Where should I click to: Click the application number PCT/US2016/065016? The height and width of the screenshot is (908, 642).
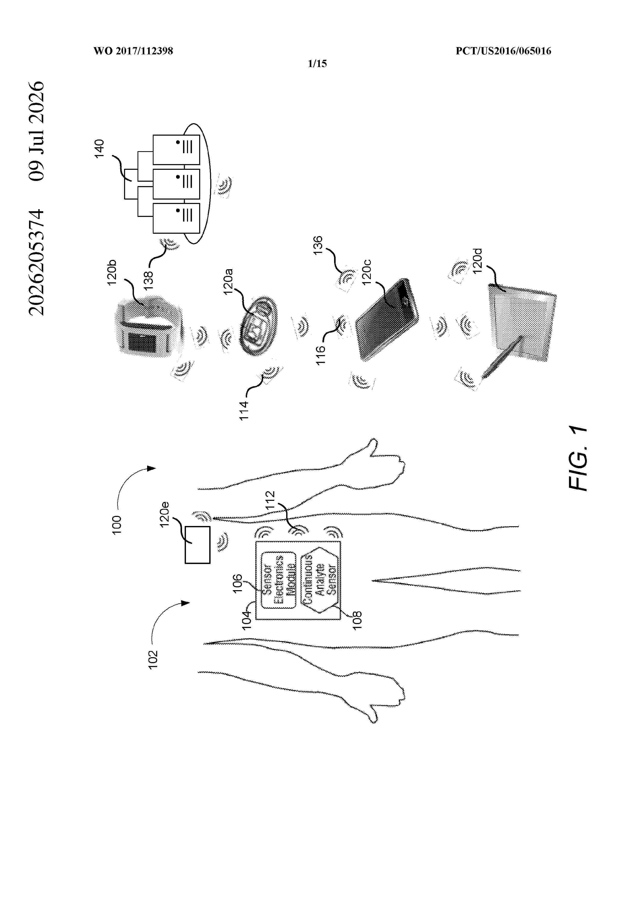pos(503,51)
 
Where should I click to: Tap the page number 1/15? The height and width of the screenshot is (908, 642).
pos(317,64)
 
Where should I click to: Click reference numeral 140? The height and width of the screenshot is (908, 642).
pos(99,149)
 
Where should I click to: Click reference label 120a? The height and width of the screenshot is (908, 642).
pos(228,282)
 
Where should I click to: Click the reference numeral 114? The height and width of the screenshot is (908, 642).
pos(244,411)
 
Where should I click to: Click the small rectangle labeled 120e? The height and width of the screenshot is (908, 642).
pos(197,545)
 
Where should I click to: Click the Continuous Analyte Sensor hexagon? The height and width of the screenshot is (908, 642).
pos(320,580)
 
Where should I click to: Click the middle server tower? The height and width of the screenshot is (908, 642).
pos(176,184)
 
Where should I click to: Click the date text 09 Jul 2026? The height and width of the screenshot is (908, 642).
pos(37,131)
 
